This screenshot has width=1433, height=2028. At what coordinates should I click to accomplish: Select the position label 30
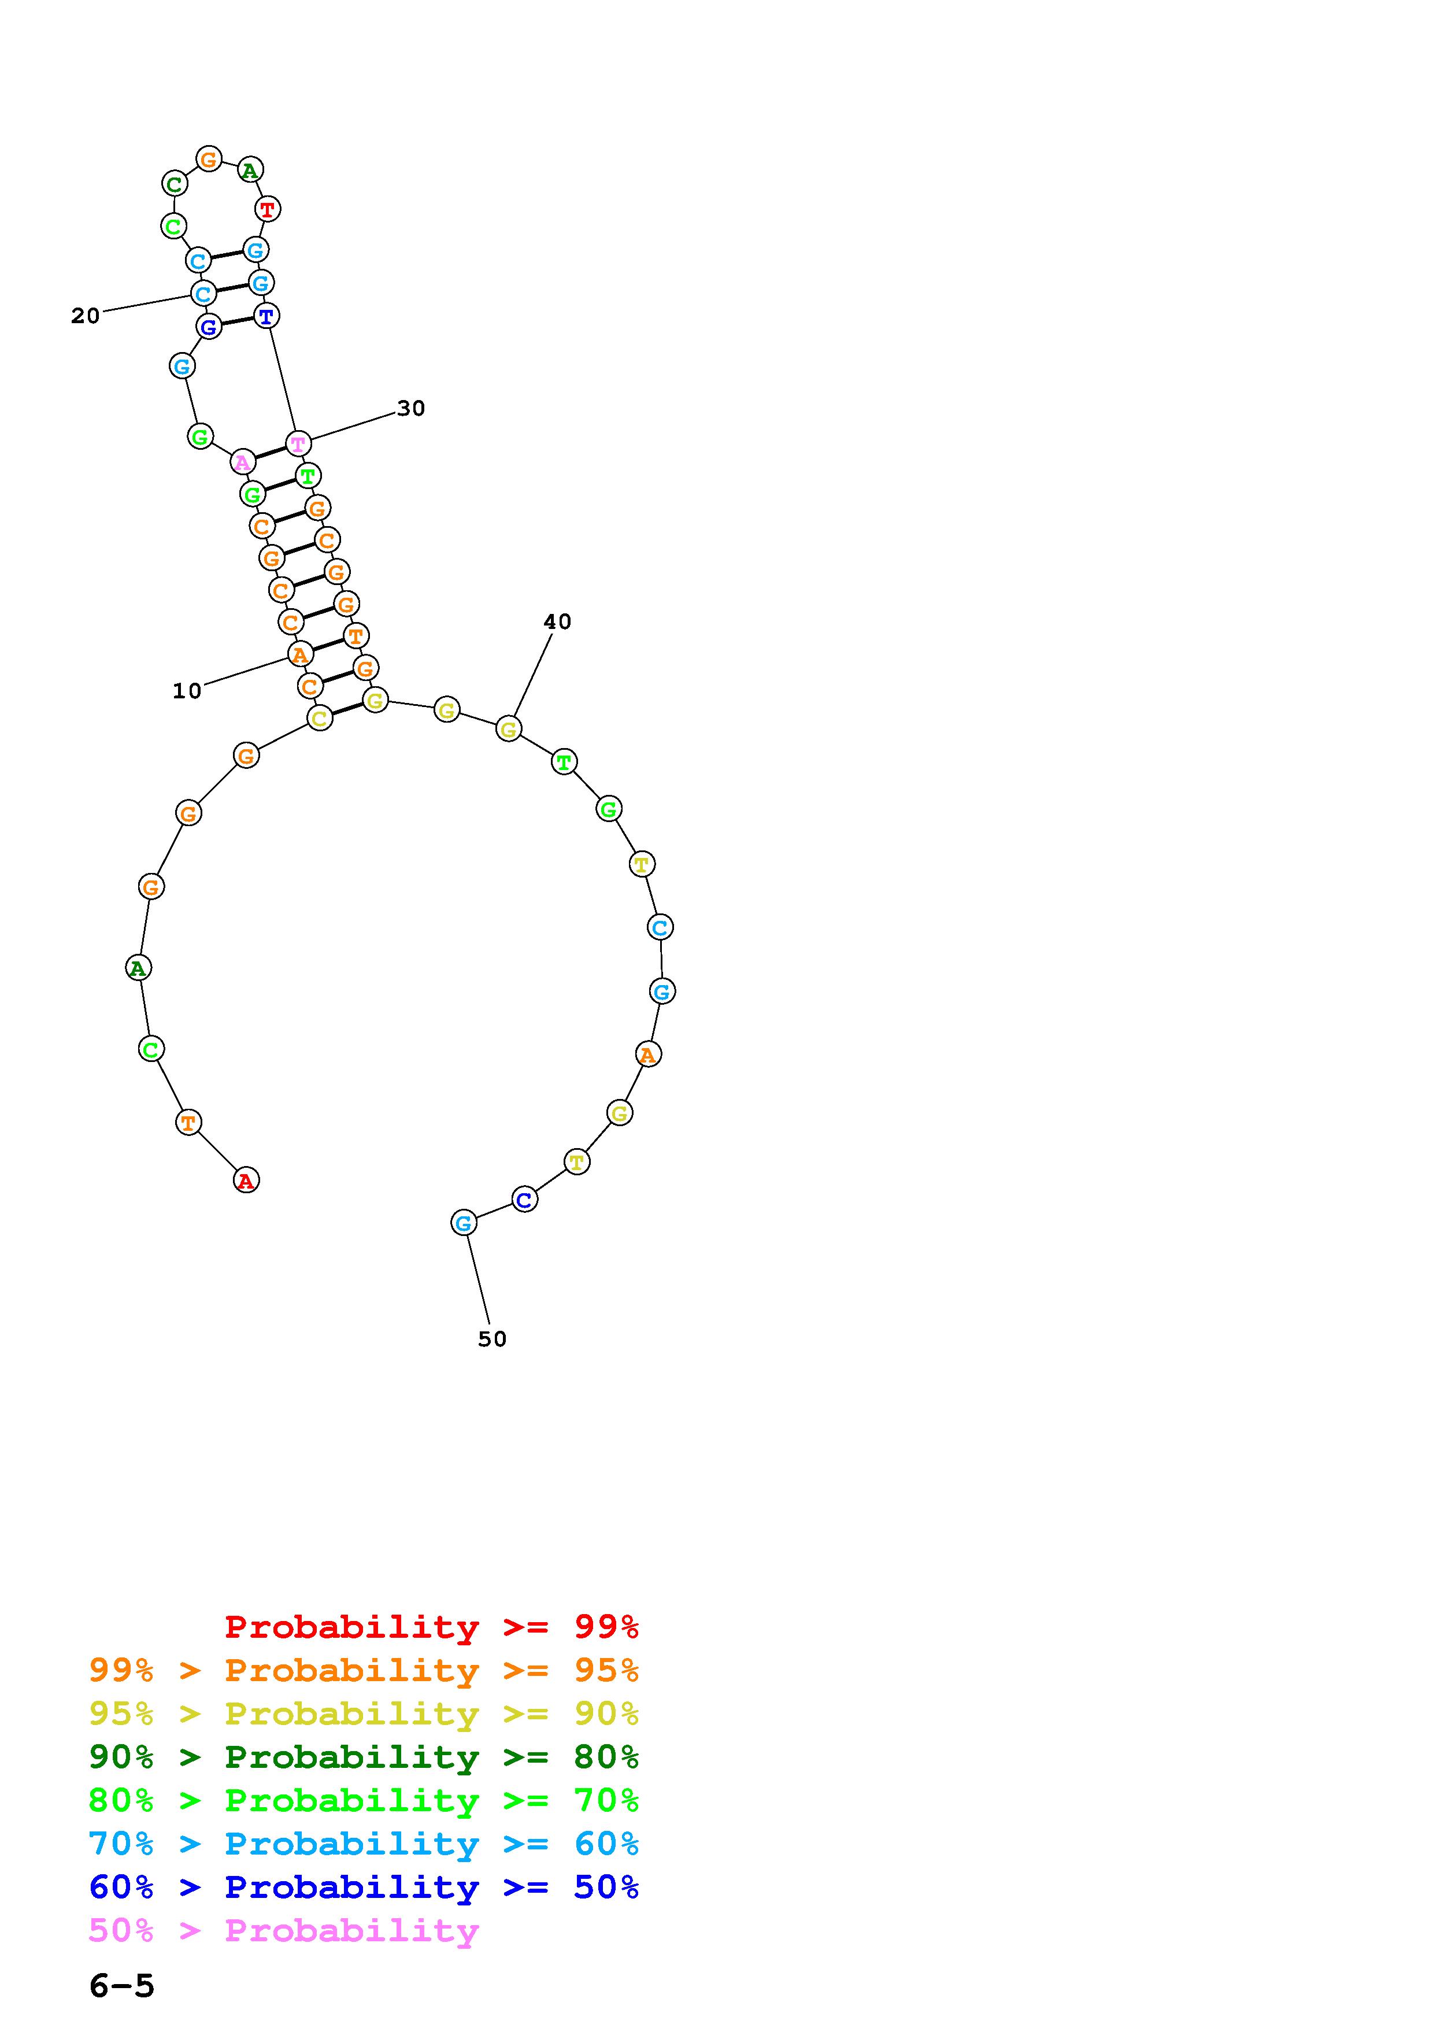tap(410, 408)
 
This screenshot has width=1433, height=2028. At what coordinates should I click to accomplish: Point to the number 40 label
tap(557, 622)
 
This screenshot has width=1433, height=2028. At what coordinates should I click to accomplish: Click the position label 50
tap(492, 1339)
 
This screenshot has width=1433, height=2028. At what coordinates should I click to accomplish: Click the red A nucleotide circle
tap(246, 1180)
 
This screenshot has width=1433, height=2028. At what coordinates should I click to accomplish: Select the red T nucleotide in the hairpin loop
tap(266, 209)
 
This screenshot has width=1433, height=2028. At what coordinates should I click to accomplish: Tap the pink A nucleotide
tap(242, 461)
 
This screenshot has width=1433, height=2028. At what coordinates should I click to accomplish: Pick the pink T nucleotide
tap(298, 443)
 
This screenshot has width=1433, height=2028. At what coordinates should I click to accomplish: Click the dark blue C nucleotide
tap(524, 1200)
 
